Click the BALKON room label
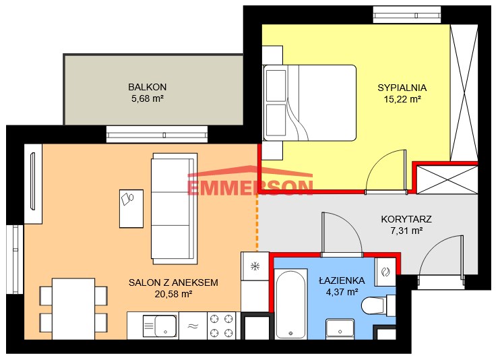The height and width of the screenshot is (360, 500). (x=148, y=87)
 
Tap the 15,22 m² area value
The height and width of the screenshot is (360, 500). (x=402, y=99)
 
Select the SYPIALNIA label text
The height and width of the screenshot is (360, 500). (x=402, y=88)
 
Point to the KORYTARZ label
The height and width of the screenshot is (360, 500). (x=406, y=219)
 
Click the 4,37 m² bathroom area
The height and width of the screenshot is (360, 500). (x=342, y=292)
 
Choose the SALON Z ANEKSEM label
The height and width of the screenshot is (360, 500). (x=173, y=282)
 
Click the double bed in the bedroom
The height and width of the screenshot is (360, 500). (x=309, y=102)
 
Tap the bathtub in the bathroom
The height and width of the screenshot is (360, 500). (x=290, y=304)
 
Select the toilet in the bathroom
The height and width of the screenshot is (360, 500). (x=379, y=305)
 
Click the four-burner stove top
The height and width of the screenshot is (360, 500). (x=220, y=326)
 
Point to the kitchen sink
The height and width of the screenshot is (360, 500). (x=160, y=326)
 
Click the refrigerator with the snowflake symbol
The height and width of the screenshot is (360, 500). (x=255, y=266)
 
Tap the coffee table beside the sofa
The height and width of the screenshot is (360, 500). (x=131, y=209)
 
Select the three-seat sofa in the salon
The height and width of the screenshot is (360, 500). (x=174, y=209)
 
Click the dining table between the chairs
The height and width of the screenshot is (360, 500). (x=73, y=309)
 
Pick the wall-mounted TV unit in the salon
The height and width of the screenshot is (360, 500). (x=33, y=184)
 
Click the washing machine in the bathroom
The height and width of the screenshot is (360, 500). (x=385, y=272)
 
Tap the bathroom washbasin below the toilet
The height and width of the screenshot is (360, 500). (x=340, y=329)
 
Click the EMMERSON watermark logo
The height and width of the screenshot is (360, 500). (x=250, y=181)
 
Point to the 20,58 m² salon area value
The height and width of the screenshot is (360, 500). (x=173, y=294)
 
